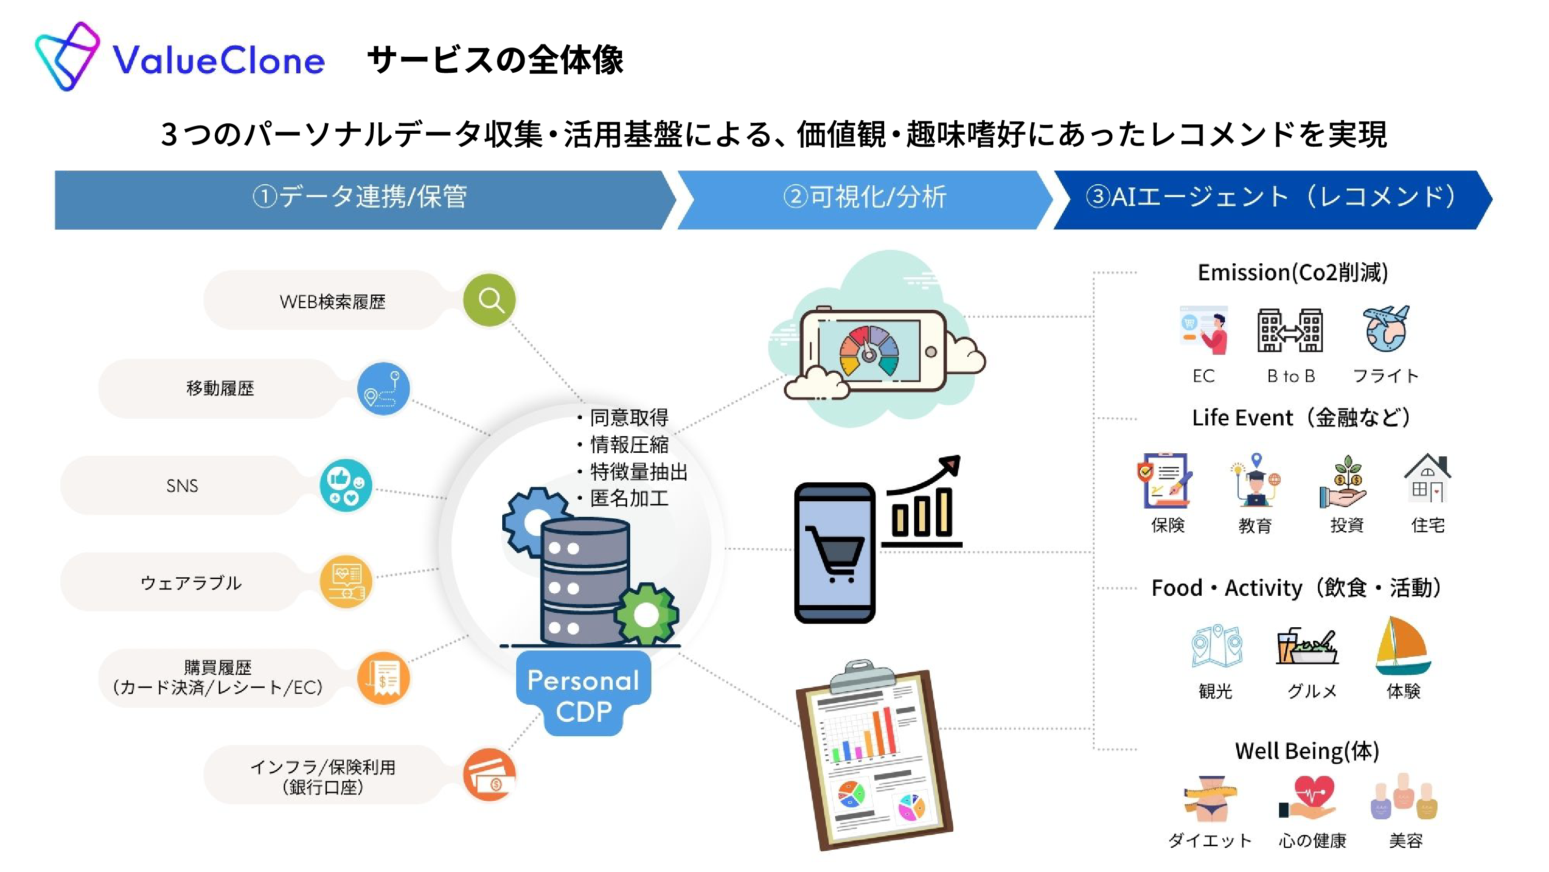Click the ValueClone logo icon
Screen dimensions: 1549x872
click(67, 56)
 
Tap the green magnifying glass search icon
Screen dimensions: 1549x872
click(489, 299)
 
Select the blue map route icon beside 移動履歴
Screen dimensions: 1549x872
click(384, 388)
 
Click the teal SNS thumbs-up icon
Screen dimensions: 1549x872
click(346, 485)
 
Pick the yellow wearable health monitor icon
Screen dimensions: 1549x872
click(346, 581)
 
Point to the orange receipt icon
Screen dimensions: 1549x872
click(384, 678)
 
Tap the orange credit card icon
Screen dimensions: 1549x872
click(489, 774)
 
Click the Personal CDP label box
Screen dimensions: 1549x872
click(583, 694)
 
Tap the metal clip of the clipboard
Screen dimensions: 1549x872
click(861, 675)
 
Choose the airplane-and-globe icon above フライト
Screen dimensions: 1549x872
click(1386, 328)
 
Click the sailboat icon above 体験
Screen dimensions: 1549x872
click(1403, 646)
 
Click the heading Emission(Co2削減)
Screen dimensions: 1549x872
click(1293, 273)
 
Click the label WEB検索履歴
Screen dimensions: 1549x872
click(332, 302)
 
